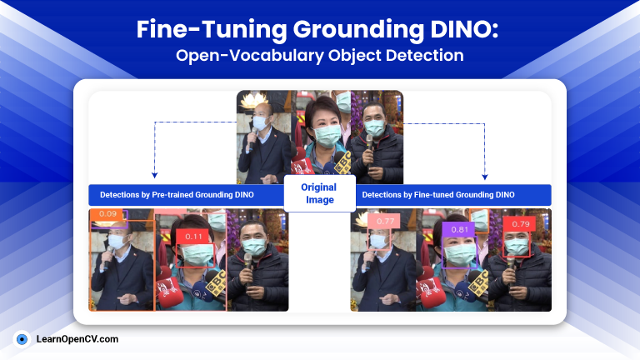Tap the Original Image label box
click(x=320, y=193)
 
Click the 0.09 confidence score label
click(x=107, y=213)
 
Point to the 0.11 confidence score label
click(x=193, y=237)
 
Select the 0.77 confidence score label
click(x=385, y=221)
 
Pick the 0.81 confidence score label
click(x=459, y=229)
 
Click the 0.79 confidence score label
click(x=520, y=223)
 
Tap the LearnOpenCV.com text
click(x=77, y=339)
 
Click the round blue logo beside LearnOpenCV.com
click(x=22, y=339)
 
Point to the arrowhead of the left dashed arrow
click(x=154, y=176)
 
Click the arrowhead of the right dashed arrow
click(x=484, y=177)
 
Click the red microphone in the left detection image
click(x=168, y=291)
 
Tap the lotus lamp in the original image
click(x=253, y=100)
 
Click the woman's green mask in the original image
click(x=327, y=136)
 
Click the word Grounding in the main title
click(x=358, y=30)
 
